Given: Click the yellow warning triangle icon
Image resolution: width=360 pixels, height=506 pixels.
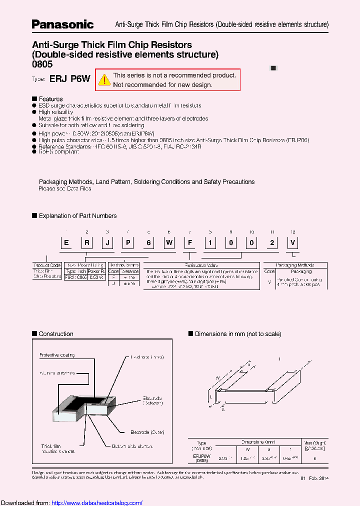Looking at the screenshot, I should (x=104, y=79).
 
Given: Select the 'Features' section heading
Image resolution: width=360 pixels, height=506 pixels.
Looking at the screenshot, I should (x=50, y=99).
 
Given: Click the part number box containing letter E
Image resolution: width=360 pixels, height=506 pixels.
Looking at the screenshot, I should (x=66, y=243).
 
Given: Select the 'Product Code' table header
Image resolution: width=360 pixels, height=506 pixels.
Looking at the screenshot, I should (x=47, y=265).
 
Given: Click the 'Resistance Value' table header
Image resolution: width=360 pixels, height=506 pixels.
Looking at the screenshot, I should (x=201, y=265).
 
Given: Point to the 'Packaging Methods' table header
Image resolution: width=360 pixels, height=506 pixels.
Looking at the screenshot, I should (x=295, y=265).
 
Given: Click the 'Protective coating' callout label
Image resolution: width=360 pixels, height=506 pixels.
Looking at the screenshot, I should (x=57, y=355).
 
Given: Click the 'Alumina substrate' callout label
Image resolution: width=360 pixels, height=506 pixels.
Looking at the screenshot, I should (x=57, y=373).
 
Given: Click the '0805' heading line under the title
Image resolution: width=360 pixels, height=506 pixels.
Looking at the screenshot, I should (x=42, y=64).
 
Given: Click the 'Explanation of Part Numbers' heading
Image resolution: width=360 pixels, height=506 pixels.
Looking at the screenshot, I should (x=77, y=216).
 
